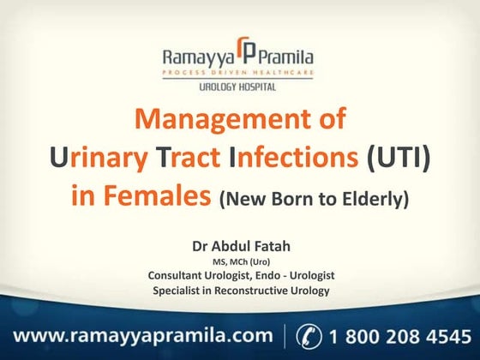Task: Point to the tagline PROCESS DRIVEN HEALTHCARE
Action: pyautogui.click(x=239, y=75)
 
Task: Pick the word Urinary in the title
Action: pyautogui.click(x=87, y=158)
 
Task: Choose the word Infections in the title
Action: pyautogui.click(x=291, y=158)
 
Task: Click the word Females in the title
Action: pyautogui.click(x=163, y=195)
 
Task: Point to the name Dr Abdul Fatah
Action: pyautogui.click(x=240, y=247)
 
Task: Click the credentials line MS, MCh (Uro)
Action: pyautogui.click(x=240, y=262)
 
